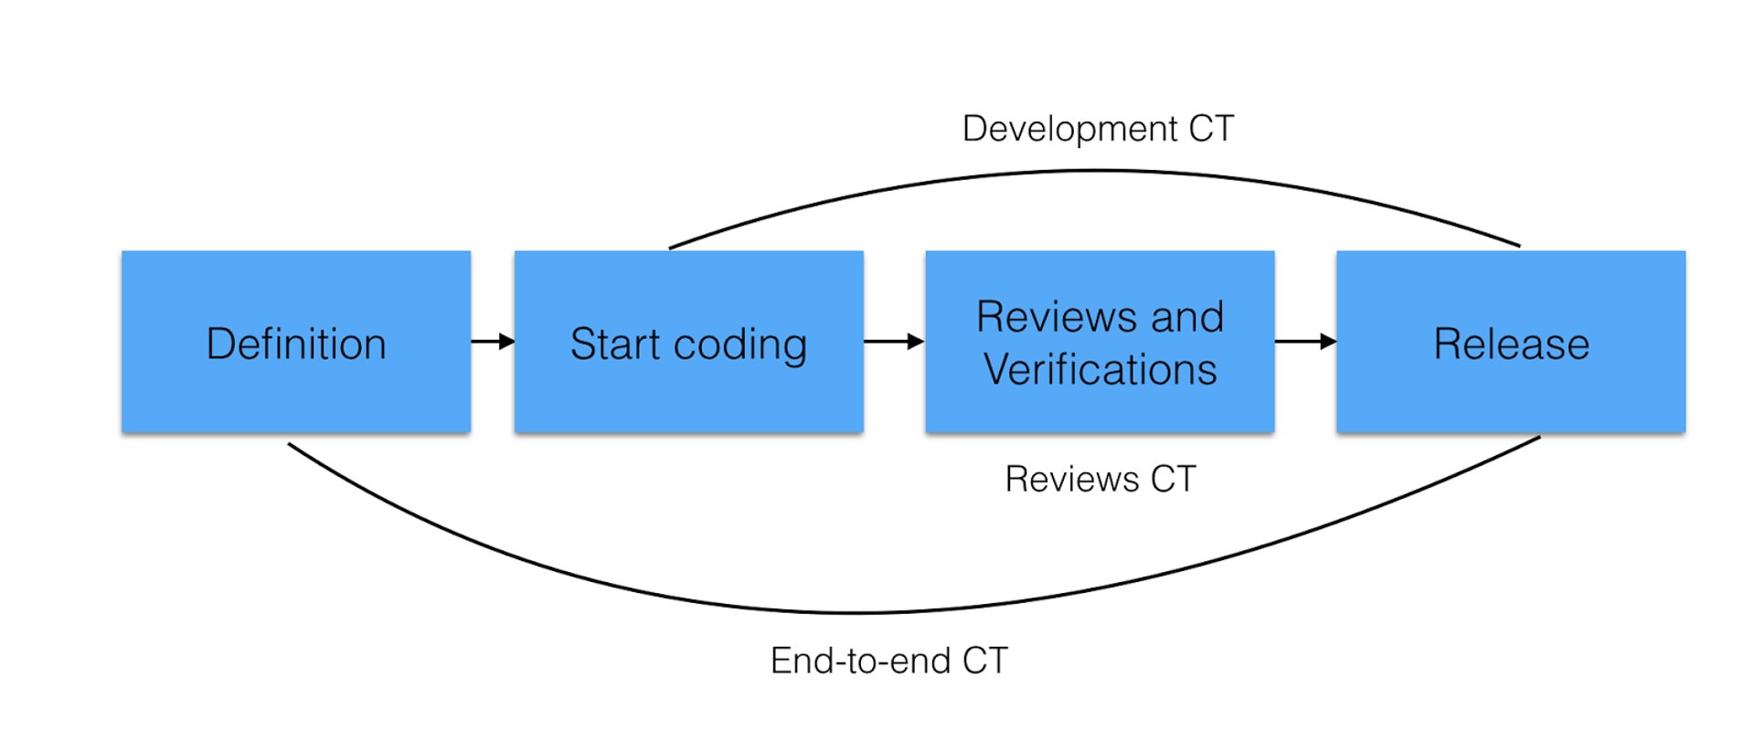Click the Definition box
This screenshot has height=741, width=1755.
(295, 341)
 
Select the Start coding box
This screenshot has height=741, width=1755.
(688, 341)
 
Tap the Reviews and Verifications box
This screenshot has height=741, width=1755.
(1100, 341)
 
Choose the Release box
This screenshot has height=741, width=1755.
(1510, 341)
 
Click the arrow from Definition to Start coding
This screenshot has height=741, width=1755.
(493, 341)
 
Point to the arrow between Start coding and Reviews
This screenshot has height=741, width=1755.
(894, 341)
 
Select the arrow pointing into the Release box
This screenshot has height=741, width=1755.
(1305, 341)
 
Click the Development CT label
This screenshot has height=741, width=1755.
(1098, 129)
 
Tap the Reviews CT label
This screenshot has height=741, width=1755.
(1100, 479)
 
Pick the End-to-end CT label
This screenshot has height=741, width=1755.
(888, 661)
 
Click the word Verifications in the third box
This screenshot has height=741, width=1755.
(1100, 370)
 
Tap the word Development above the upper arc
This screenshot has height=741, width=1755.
(1069, 129)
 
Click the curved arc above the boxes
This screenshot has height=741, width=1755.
(1097, 171)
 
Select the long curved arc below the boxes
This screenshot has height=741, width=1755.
(859, 611)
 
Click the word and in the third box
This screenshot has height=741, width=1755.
(1186, 317)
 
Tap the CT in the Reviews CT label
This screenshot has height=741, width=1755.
(1173, 479)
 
